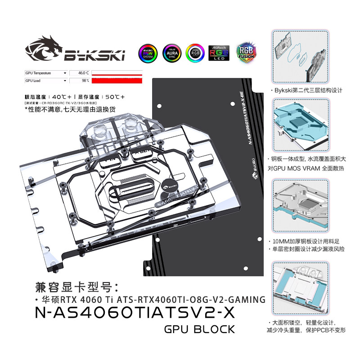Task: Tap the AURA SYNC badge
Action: [171, 53]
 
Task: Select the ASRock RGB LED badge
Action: [219, 53]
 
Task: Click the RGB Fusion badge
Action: [246, 52]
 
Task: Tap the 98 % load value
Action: [85, 81]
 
